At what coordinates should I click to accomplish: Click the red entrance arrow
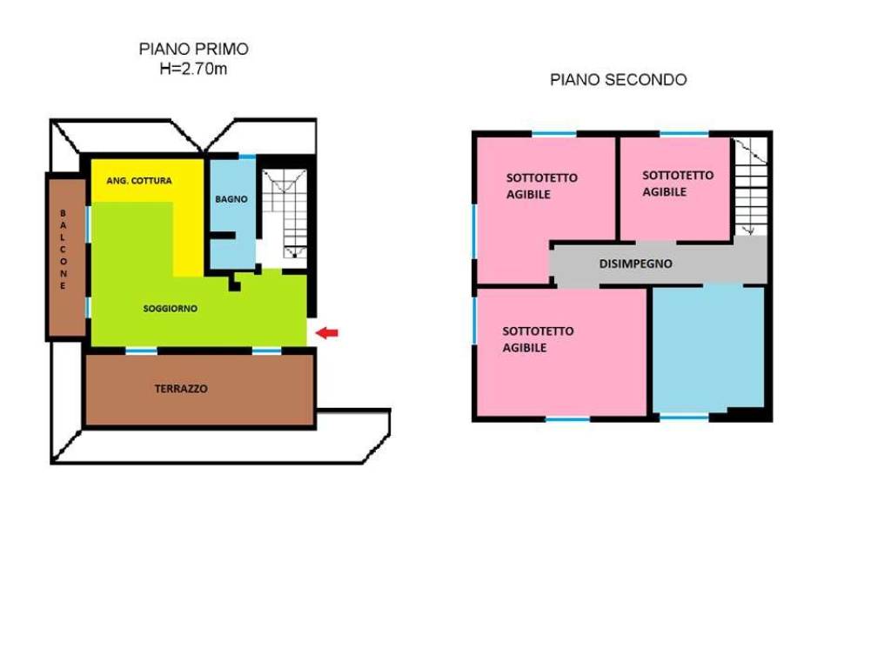(327, 333)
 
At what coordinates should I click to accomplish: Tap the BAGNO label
(231, 199)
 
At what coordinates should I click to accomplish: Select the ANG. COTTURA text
(139, 181)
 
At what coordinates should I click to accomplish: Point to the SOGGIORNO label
(171, 309)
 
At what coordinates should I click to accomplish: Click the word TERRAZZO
(181, 389)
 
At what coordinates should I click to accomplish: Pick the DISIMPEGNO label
(636, 264)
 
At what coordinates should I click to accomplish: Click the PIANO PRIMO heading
(194, 49)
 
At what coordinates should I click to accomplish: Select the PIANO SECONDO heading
(619, 79)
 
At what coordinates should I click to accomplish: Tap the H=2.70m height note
(193, 69)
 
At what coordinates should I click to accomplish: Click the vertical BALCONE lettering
(63, 250)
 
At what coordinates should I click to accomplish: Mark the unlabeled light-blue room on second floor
(708, 348)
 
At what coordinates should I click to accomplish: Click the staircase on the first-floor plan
(285, 214)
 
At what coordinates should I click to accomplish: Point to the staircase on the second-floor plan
(751, 187)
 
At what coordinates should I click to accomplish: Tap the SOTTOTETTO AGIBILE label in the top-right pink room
(677, 184)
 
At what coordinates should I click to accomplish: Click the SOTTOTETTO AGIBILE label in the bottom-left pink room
(538, 339)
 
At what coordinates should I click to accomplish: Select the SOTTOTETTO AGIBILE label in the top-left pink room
(541, 186)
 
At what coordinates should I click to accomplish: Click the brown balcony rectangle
(66, 257)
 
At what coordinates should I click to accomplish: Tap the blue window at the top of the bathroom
(246, 157)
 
